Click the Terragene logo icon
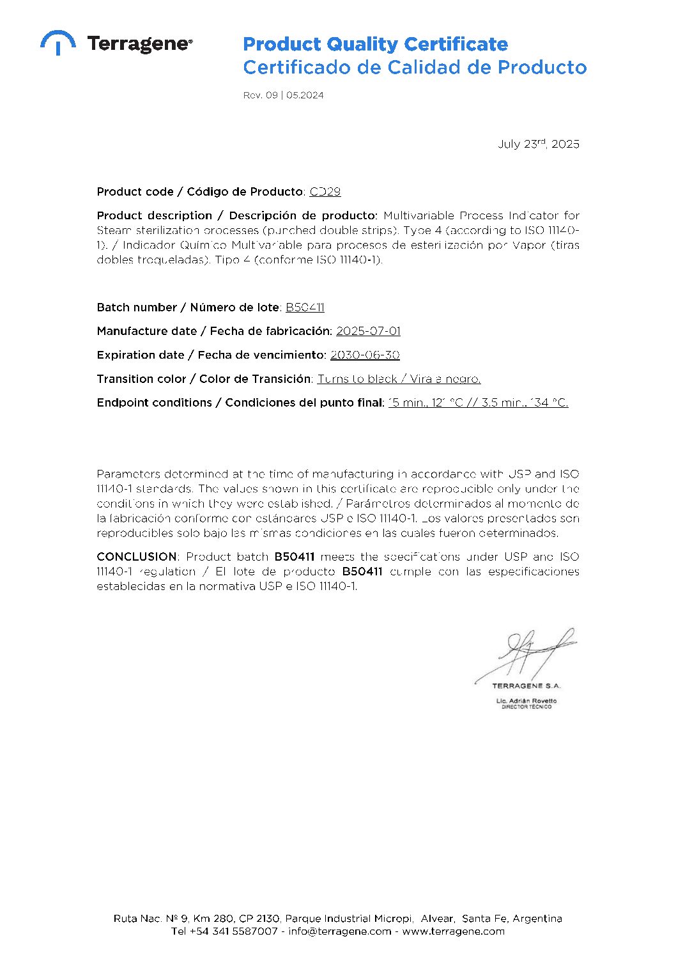[x=58, y=42]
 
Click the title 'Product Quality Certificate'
[x=375, y=44]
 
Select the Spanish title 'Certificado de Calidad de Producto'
[x=415, y=67]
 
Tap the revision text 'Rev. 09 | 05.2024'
[x=283, y=95]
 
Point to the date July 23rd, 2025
[x=538, y=144]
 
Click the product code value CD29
[x=325, y=192]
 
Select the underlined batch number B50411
[x=305, y=307]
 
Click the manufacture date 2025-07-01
[x=368, y=331]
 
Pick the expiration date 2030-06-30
[x=365, y=355]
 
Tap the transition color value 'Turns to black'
[x=357, y=379]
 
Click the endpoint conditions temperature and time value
[x=478, y=403]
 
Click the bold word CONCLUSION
[x=137, y=557]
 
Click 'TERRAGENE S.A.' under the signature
[x=526, y=686]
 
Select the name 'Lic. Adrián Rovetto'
[x=526, y=701]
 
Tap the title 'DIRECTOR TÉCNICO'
[x=526, y=707]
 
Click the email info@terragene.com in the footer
[x=339, y=931]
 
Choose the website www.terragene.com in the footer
[x=453, y=931]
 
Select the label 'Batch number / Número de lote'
[x=188, y=307]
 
